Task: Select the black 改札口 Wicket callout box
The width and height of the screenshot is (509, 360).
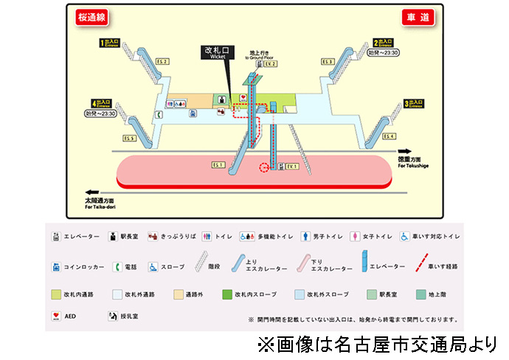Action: [217, 53]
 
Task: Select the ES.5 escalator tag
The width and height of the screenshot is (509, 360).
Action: [129, 138]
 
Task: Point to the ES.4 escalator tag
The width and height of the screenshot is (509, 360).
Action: [389, 136]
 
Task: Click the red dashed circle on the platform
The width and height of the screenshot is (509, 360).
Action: [266, 167]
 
